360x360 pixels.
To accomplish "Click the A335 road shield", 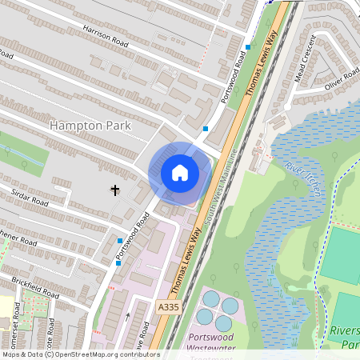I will (168, 306).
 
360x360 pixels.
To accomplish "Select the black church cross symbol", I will (115, 190).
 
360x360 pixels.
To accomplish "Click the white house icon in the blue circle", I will (180, 172).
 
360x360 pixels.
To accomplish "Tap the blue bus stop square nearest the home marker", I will (206, 128).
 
